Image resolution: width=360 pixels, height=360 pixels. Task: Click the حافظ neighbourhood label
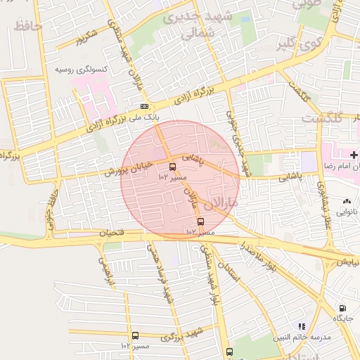(x=28, y=27)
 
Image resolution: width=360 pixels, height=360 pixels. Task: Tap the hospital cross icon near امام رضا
(x=354, y=154)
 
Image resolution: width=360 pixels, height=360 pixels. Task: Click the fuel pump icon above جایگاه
(x=342, y=308)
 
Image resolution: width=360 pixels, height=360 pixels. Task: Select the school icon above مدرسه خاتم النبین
(x=302, y=326)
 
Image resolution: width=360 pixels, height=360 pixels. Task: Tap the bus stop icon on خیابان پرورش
(x=173, y=167)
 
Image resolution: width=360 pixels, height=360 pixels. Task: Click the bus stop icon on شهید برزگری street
(x=135, y=336)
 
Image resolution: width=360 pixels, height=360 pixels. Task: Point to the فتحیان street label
(x=113, y=232)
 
